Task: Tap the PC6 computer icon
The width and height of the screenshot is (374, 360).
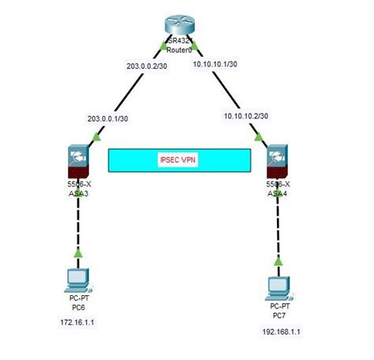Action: click(x=77, y=279)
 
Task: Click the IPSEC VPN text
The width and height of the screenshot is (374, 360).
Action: click(x=178, y=160)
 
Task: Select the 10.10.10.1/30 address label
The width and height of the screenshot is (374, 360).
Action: click(x=214, y=66)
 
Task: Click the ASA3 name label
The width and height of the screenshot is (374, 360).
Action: click(x=77, y=192)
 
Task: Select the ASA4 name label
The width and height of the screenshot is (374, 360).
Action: click(x=279, y=192)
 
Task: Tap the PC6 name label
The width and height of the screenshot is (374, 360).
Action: click(x=77, y=306)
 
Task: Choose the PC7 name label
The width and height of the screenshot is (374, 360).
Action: click(x=279, y=313)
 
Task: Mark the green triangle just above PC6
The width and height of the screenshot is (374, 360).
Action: click(x=77, y=253)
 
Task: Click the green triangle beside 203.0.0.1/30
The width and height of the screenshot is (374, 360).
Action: click(x=96, y=137)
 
